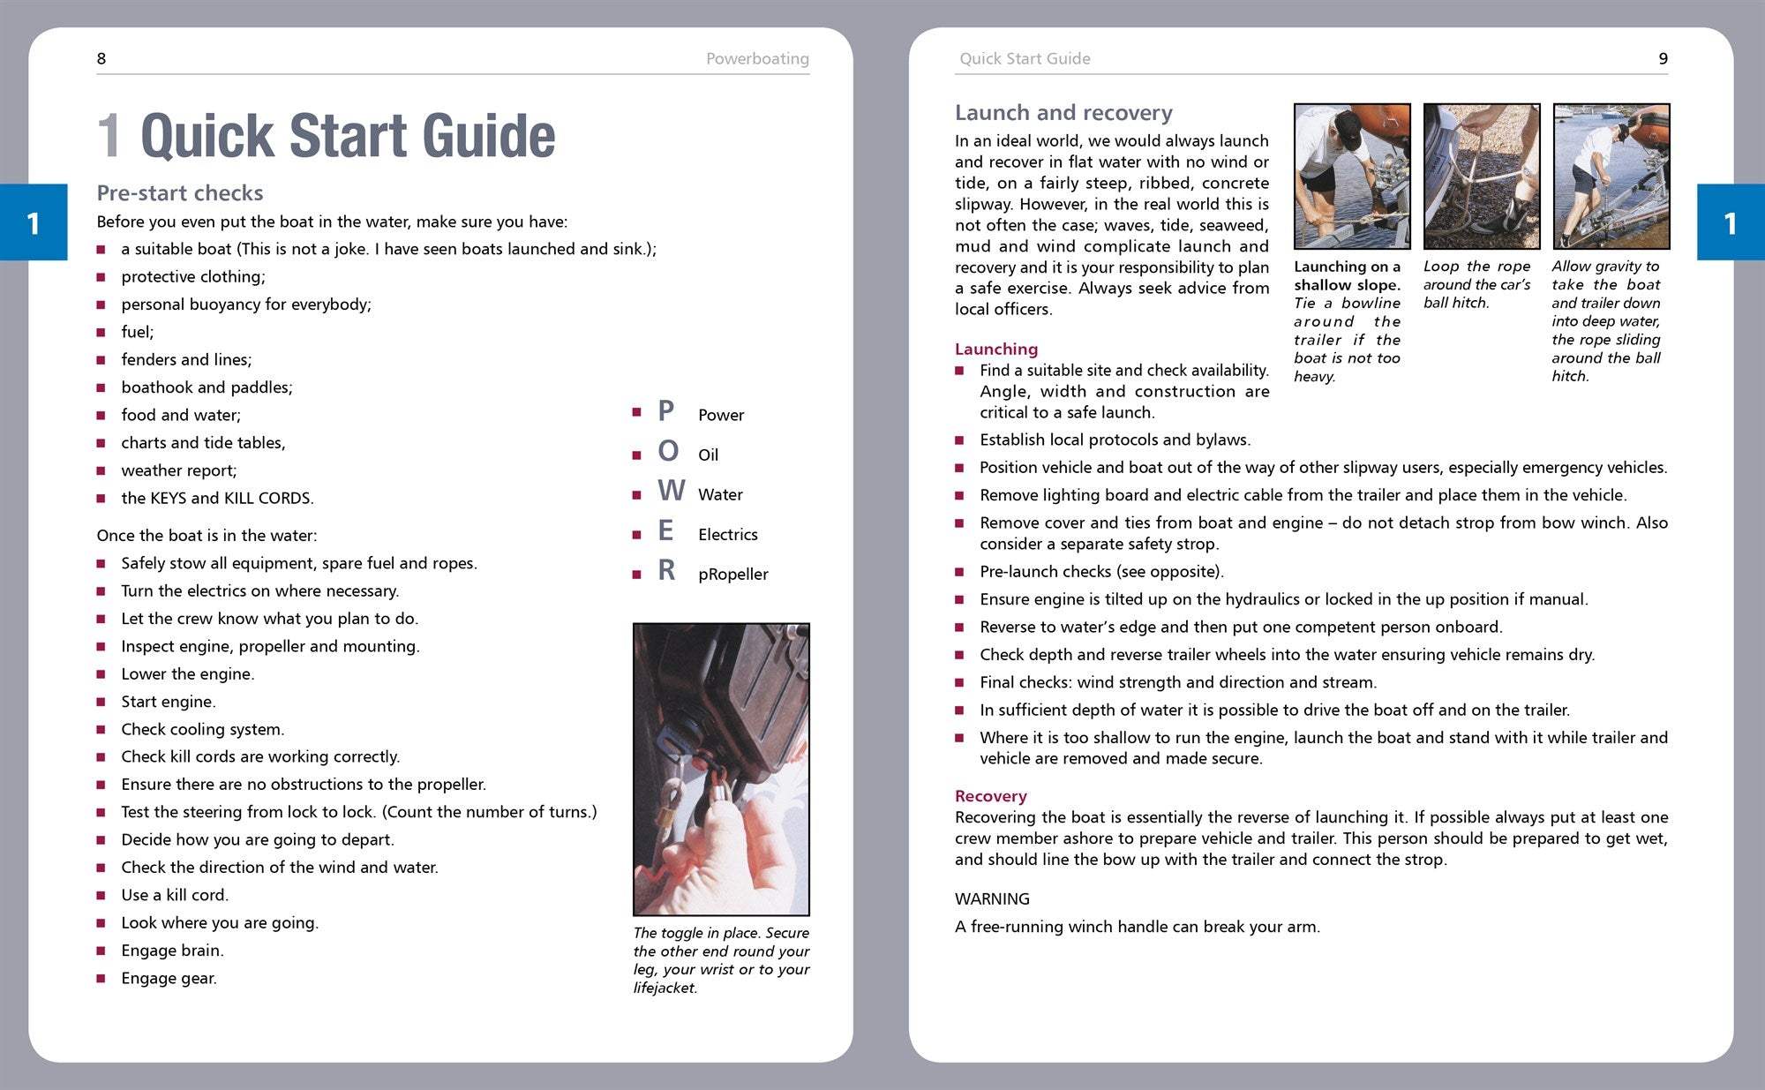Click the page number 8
click(101, 59)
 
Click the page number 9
click(1663, 59)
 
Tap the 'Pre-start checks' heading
click(180, 192)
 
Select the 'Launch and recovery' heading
click(1063, 113)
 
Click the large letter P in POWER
click(666, 411)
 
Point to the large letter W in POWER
click(671, 491)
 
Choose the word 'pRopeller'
click(732, 575)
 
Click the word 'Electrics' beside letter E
click(727, 535)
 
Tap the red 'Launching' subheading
click(996, 349)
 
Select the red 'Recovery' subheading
click(990, 796)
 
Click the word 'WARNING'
click(992, 899)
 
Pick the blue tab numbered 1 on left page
click(34, 222)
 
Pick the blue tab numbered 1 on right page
click(1730, 222)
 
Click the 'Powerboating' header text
click(757, 59)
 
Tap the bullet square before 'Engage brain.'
click(101, 951)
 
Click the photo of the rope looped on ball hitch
click(1481, 177)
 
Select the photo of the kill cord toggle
click(721, 769)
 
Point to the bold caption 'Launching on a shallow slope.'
click(1347, 275)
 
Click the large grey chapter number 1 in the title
click(109, 137)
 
